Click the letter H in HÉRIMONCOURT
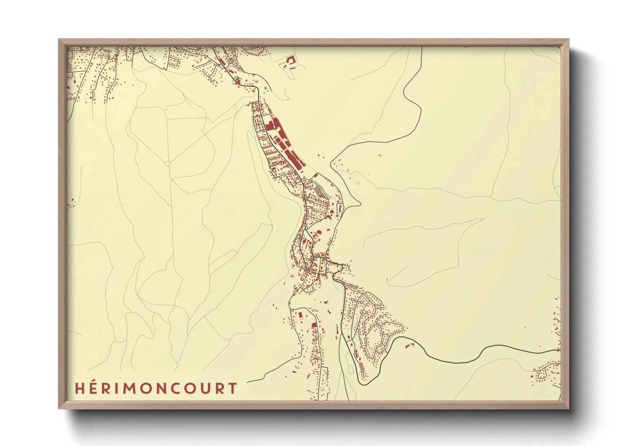tap(80, 388)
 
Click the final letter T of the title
tap(232, 388)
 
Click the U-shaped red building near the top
tap(290, 61)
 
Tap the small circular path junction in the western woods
tap(167, 163)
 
